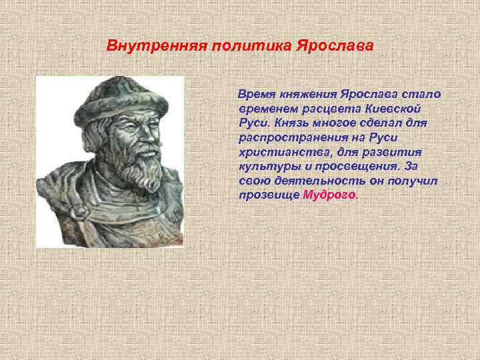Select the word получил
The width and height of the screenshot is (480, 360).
[x=412, y=181]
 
